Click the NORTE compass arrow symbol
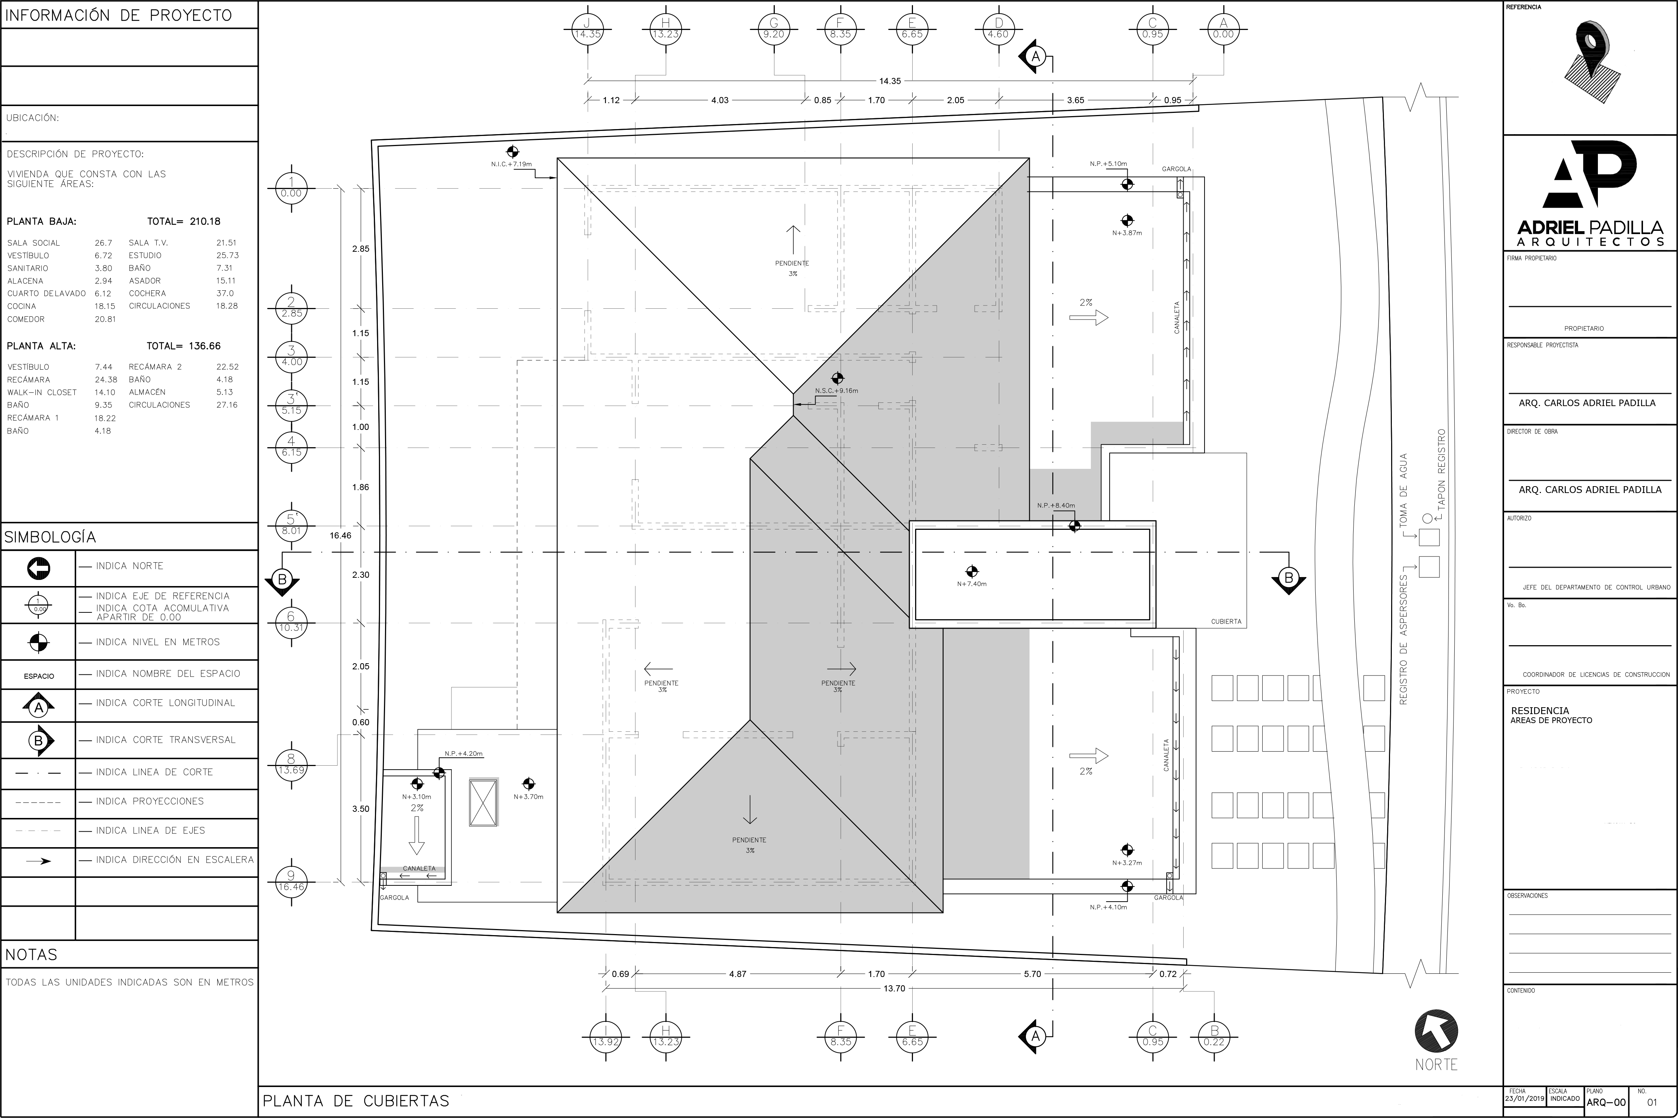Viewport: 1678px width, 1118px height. click(x=1436, y=1032)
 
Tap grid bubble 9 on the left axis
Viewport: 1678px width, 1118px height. click(x=291, y=882)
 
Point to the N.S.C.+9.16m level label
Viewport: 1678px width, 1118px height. click(x=836, y=391)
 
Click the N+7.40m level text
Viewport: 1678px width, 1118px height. click(x=972, y=584)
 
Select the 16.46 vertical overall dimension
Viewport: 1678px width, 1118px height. click(x=340, y=536)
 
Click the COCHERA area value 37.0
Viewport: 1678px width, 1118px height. click(x=225, y=293)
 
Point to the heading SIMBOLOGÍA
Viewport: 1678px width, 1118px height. click(x=50, y=537)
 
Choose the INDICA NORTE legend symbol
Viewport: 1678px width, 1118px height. click(x=39, y=568)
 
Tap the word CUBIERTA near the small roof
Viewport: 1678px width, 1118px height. click(x=1226, y=622)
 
